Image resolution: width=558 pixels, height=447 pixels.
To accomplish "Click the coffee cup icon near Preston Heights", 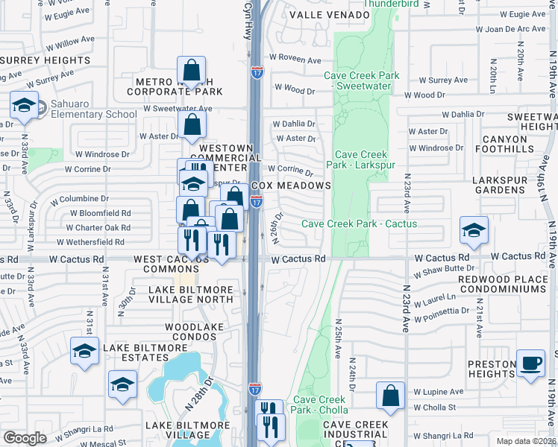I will click(x=530, y=363).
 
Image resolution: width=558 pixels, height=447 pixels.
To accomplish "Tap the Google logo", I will click(x=25, y=438).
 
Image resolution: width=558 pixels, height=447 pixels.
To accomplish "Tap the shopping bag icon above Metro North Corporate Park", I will click(x=192, y=72).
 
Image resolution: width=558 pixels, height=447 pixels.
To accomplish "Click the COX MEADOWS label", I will click(x=290, y=186).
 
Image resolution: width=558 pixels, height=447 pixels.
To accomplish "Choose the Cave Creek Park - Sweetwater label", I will click(x=362, y=81).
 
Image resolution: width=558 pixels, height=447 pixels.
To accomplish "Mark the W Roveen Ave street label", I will click(x=295, y=57).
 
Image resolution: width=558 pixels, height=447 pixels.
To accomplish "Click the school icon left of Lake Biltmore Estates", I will click(x=84, y=350).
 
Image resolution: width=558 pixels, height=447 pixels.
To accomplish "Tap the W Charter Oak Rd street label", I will click(x=100, y=228).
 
